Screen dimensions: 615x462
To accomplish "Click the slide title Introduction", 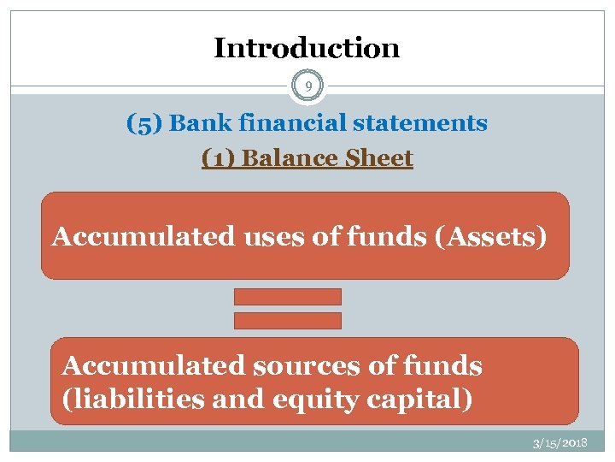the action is click(x=307, y=48).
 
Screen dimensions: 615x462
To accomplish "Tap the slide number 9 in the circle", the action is click(x=307, y=85).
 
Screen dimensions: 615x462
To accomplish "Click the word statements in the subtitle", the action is click(x=420, y=123).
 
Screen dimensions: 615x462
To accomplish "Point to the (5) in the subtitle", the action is click(x=143, y=123).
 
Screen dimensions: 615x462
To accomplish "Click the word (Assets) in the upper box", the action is click(x=490, y=236).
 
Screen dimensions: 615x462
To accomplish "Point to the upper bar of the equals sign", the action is click(x=288, y=297).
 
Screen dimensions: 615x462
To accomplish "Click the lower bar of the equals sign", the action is click(x=288, y=321).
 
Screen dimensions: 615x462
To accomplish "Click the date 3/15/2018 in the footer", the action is click(x=559, y=443).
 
